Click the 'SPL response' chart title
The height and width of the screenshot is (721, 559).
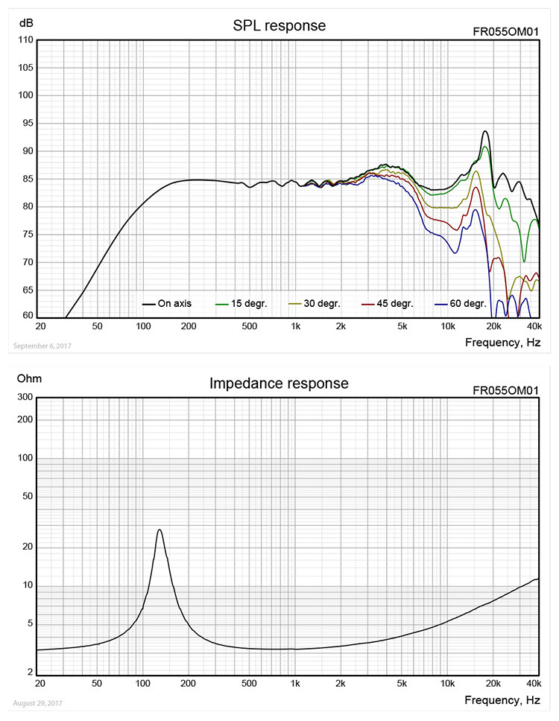pyautogui.click(x=279, y=26)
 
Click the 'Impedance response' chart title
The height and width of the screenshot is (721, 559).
pyautogui.click(x=279, y=384)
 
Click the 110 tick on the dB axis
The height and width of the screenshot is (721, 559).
pyautogui.click(x=25, y=40)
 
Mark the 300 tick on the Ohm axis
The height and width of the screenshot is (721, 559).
pyautogui.click(x=25, y=397)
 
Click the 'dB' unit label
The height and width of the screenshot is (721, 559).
pyautogui.click(x=25, y=23)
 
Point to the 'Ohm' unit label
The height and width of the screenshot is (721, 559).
pyautogui.click(x=29, y=379)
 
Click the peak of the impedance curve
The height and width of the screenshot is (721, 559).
pyautogui.click(x=160, y=530)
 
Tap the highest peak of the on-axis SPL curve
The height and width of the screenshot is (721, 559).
pyautogui.click(x=485, y=132)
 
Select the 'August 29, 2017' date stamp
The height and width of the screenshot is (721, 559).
pyautogui.click(x=38, y=703)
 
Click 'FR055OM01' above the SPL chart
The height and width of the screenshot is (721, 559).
pyautogui.click(x=505, y=32)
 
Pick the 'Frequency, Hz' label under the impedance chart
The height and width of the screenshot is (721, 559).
pyautogui.click(x=502, y=700)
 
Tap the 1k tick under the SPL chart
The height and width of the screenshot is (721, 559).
pyautogui.click(x=296, y=327)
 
